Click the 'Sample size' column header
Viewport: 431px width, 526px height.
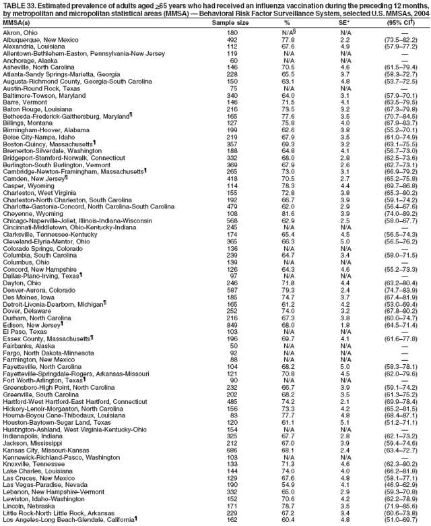(232, 23)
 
